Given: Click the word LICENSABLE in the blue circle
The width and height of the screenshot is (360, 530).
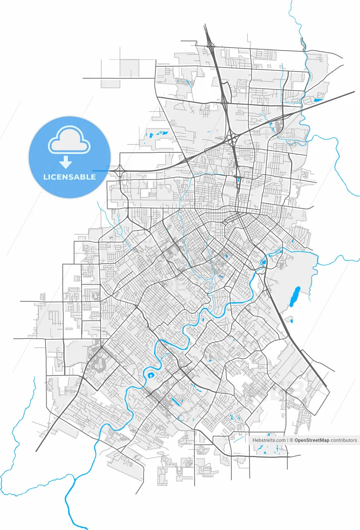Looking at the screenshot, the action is point(70,177).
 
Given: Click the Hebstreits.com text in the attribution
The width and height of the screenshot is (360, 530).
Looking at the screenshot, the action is point(269,440).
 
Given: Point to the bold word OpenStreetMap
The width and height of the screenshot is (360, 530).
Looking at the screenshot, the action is point(312,440).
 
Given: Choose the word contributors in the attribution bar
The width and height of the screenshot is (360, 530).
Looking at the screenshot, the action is point(344,440).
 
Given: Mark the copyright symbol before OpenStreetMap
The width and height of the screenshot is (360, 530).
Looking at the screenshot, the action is point(291,440).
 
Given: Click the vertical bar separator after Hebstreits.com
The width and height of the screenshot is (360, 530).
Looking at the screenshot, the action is point(288,440).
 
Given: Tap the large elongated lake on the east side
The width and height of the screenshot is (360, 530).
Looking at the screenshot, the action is point(294,296).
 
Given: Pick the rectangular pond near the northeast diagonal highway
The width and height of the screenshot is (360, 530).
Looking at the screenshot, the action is point(318,100).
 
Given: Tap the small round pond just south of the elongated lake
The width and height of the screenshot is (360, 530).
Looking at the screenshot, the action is point(291,321).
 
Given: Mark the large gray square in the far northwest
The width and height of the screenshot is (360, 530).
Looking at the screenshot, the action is point(130,68).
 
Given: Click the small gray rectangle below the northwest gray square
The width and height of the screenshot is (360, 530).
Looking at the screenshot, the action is point(110,84).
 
